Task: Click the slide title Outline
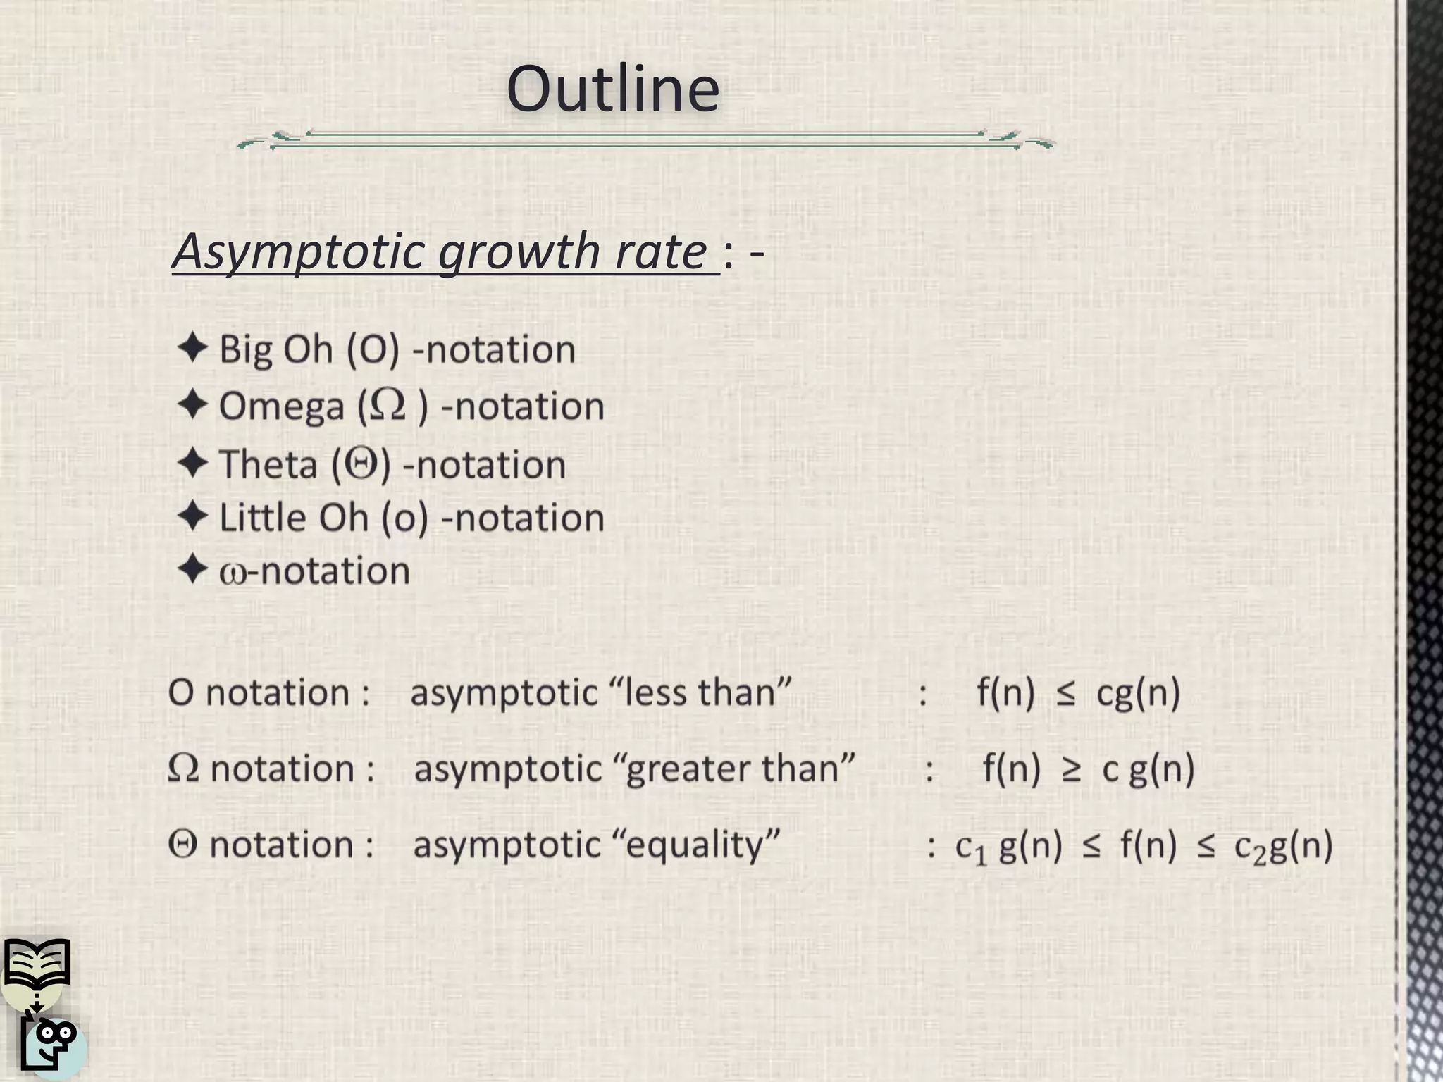pos(613,89)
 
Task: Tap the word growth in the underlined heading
pos(519,251)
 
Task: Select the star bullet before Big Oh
pos(192,348)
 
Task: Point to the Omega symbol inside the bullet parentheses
pos(388,405)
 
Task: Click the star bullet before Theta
pos(192,464)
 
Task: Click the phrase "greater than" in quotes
pos(740,767)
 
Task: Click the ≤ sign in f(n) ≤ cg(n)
pos(1065,694)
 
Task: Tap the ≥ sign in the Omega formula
pos(1071,769)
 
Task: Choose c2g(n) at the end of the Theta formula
pos(1283,847)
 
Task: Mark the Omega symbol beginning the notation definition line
pos(183,768)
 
